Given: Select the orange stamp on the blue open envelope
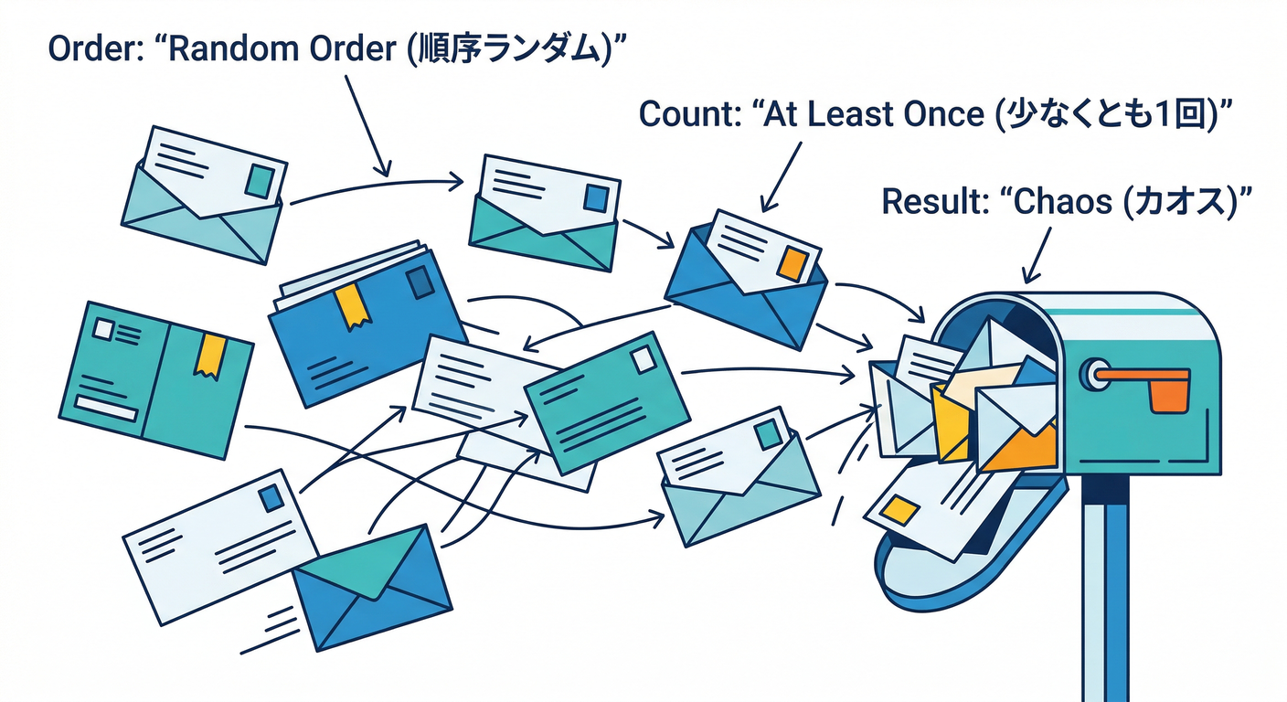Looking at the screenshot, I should (x=792, y=262).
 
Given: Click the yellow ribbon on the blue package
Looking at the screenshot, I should (x=352, y=305).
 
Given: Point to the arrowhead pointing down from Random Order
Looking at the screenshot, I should (x=385, y=168).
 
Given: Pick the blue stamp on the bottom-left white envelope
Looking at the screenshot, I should (x=271, y=499).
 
